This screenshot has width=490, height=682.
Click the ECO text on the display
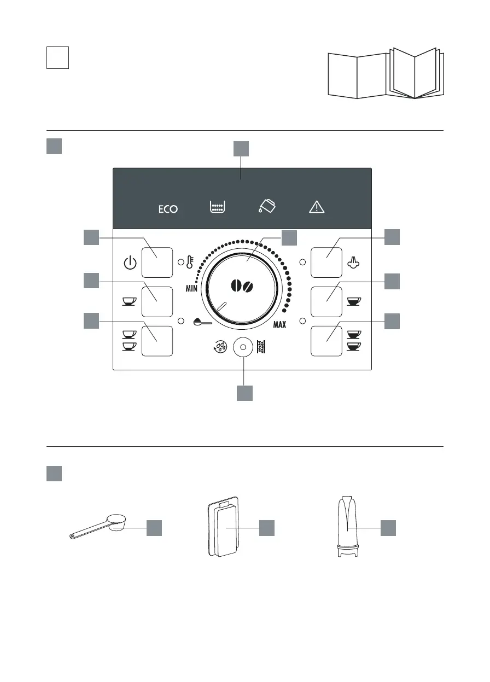click(x=168, y=209)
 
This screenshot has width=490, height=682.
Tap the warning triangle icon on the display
click(x=317, y=207)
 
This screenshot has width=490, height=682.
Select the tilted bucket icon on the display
click(x=268, y=206)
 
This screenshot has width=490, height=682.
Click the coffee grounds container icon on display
click(x=218, y=207)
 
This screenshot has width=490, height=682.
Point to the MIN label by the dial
click(x=191, y=289)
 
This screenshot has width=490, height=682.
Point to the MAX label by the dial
click(x=279, y=325)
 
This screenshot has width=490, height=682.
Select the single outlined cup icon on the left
click(x=129, y=300)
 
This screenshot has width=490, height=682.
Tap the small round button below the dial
click(x=243, y=347)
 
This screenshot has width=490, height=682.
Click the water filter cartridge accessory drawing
click(x=349, y=527)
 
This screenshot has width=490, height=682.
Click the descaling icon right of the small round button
click(x=261, y=347)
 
